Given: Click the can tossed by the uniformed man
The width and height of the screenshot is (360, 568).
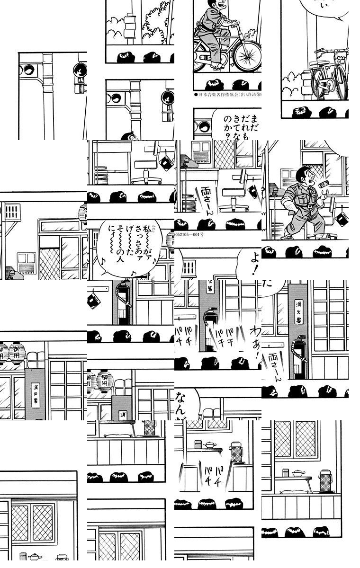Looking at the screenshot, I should (324, 184).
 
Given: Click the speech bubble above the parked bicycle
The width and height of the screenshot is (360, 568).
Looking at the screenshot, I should (322, 9).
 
